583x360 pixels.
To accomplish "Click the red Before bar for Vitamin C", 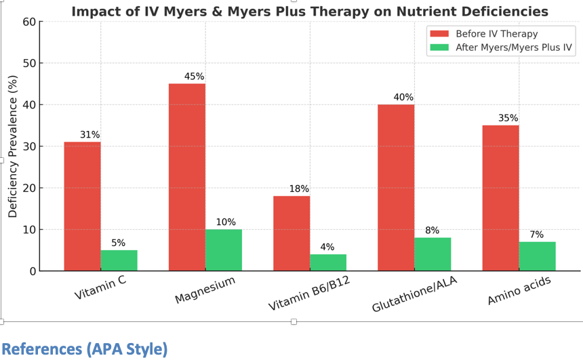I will point(82,206).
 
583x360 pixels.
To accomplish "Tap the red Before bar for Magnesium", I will point(187,177).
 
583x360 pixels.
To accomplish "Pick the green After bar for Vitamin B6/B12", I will point(328,262).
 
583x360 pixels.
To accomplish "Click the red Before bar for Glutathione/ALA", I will point(396,187).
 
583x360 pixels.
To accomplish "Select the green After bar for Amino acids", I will point(538,256).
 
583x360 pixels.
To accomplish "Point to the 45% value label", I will point(194,77).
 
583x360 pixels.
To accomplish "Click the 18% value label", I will point(299,189).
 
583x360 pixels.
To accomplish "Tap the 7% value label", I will point(537,235).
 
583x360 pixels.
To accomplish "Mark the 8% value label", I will point(433,231).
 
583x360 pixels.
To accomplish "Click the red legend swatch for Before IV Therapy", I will point(439,34).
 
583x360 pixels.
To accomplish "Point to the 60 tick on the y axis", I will point(28,22).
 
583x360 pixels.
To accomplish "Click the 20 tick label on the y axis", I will point(28,188).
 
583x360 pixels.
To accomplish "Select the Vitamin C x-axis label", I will point(100,288).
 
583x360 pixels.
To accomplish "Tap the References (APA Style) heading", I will point(84,348).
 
